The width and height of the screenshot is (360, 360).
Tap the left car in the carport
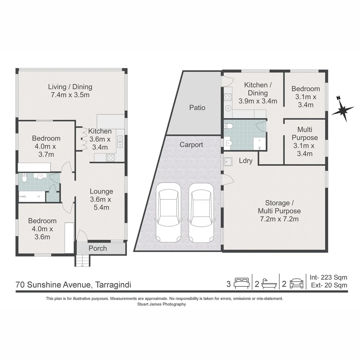pyautogui.click(x=168, y=212)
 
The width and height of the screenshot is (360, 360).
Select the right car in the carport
pyautogui.click(x=201, y=213)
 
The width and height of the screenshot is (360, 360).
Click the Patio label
pyautogui.click(x=197, y=107)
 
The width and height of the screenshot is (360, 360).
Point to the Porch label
pyautogui.click(x=98, y=248)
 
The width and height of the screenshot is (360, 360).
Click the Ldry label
pyautogui.click(x=246, y=161)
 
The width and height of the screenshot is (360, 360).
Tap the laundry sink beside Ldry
pyautogui.click(x=228, y=162)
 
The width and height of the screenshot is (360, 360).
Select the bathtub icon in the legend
pyautogui.click(x=269, y=284)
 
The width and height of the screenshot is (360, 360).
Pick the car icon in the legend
pyautogui.click(x=297, y=284)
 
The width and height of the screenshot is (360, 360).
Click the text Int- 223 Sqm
pyautogui.click(x=328, y=277)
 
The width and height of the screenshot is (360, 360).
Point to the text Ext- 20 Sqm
pyautogui.click(x=329, y=285)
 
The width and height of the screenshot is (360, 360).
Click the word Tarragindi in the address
pyautogui.click(x=113, y=285)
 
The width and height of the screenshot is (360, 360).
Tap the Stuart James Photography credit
pyautogui.click(x=162, y=304)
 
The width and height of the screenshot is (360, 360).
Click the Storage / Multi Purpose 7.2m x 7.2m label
pyautogui.click(x=279, y=211)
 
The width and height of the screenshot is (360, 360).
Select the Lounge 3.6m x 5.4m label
pyautogui.click(x=101, y=199)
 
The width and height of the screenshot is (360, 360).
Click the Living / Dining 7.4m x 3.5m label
pyautogui.click(x=70, y=91)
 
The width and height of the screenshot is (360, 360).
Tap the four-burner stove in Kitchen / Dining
pyautogui.click(x=228, y=97)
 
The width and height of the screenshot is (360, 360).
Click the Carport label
pyautogui.click(x=191, y=145)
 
